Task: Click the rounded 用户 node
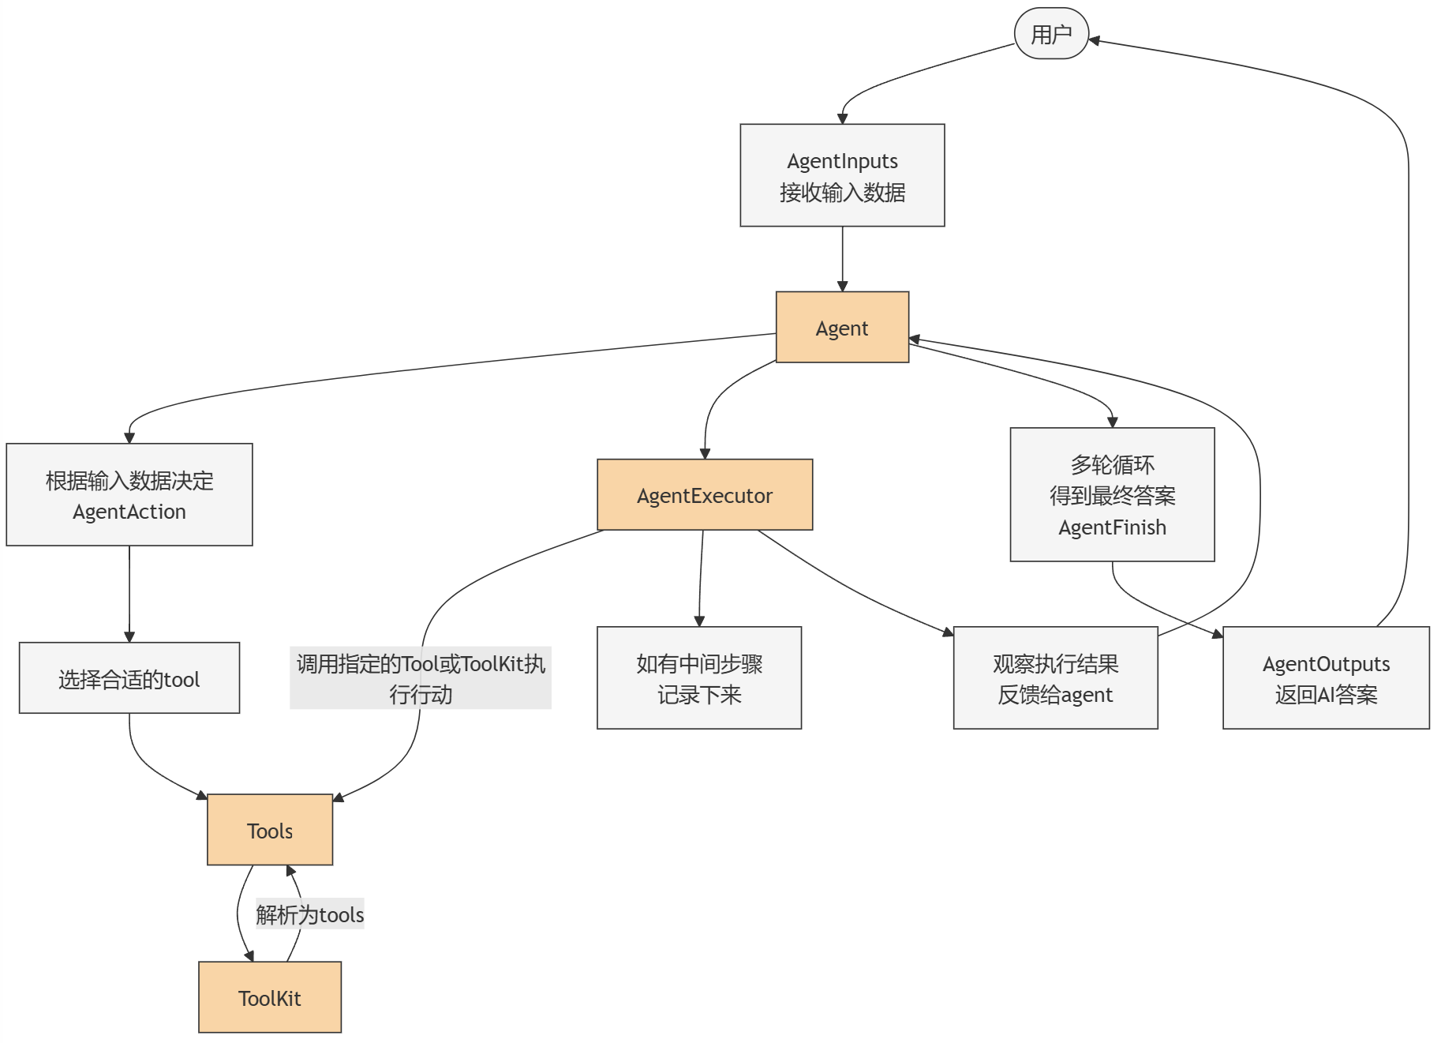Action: [1051, 34]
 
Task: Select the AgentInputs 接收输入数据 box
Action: [842, 175]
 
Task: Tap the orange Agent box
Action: [842, 328]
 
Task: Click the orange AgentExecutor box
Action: [705, 495]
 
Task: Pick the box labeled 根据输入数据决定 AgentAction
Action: [129, 495]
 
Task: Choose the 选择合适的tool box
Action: [129, 678]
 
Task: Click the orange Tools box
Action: [270, 830]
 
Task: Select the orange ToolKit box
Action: [270, 997]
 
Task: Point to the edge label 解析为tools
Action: [309, 914]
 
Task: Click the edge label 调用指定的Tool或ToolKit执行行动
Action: [421, 678]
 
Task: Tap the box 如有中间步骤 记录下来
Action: [699, 678]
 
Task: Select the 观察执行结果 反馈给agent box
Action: [1055, 678]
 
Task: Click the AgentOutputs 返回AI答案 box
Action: [1326, 678]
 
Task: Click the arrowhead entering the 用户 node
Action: [1095, 40]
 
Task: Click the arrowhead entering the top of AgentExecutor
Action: [705, 454]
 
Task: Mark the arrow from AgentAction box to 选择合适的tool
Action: [129, 592]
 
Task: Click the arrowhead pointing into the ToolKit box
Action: [249, 956]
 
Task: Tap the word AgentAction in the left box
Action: [129, 512]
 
